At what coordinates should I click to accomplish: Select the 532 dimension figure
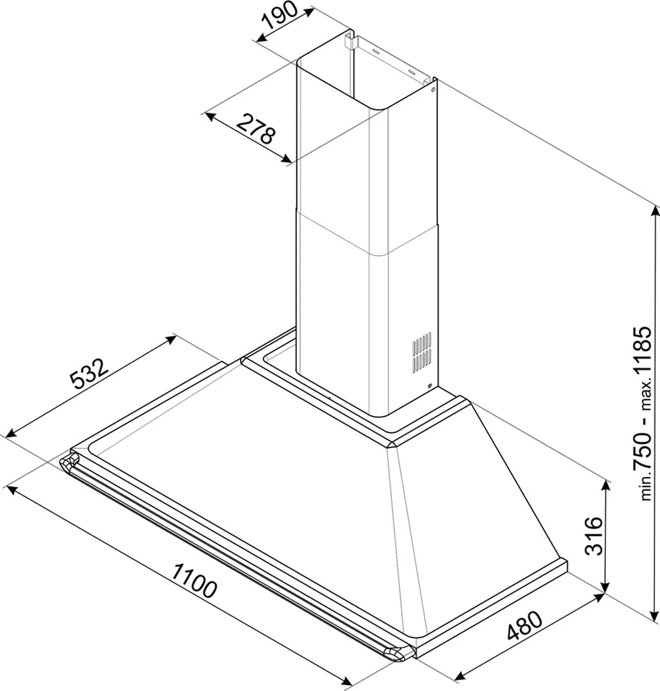[x=89, y=374]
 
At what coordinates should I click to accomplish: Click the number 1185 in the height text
[x=642, y=355]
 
